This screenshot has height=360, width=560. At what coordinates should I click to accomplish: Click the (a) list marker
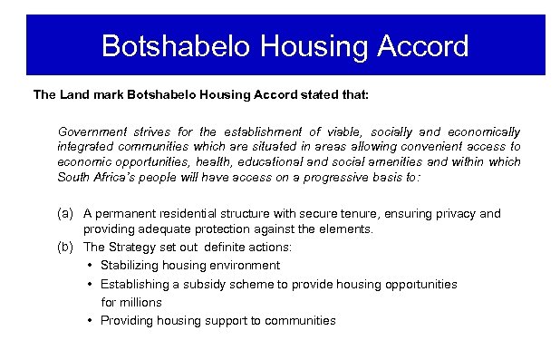tap(64, 214)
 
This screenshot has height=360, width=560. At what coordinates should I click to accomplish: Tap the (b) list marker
tap(64, 247)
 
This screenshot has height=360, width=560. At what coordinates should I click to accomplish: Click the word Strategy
tap(130, 247)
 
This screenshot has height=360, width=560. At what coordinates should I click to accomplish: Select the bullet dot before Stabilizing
tap(92, 266)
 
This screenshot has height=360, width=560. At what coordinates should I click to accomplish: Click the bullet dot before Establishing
tap(92, 284)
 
